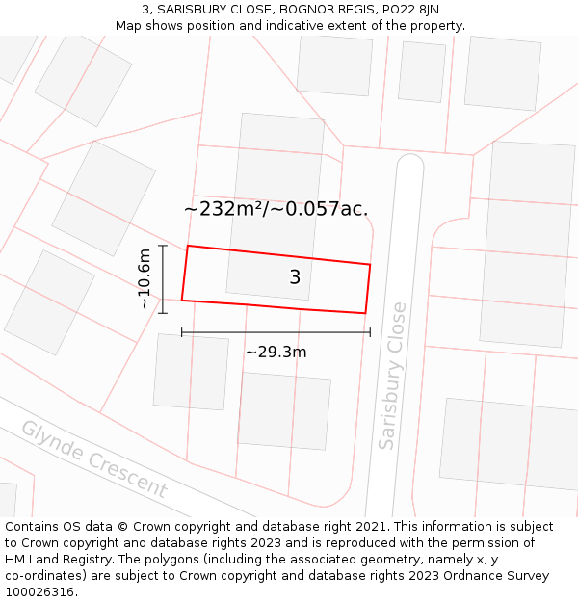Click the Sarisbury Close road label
tap(392, 376)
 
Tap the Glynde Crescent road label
tap(93, 459)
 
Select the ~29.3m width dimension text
tap(276, 353)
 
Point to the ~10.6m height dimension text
tap(144, 279)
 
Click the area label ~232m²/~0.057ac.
tap(276, 208)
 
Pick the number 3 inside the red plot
tap(295, 277)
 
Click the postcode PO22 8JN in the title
tap(408, 10)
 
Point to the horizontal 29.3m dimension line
tap(276, 333)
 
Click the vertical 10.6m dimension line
tap(163, 279)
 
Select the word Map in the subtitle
tap(130, 26)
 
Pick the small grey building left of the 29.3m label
tap(190, 372)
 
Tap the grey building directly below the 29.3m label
tap(284, 410)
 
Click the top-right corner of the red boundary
tap(371, 264)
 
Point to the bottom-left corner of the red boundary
tap(182, 301)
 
